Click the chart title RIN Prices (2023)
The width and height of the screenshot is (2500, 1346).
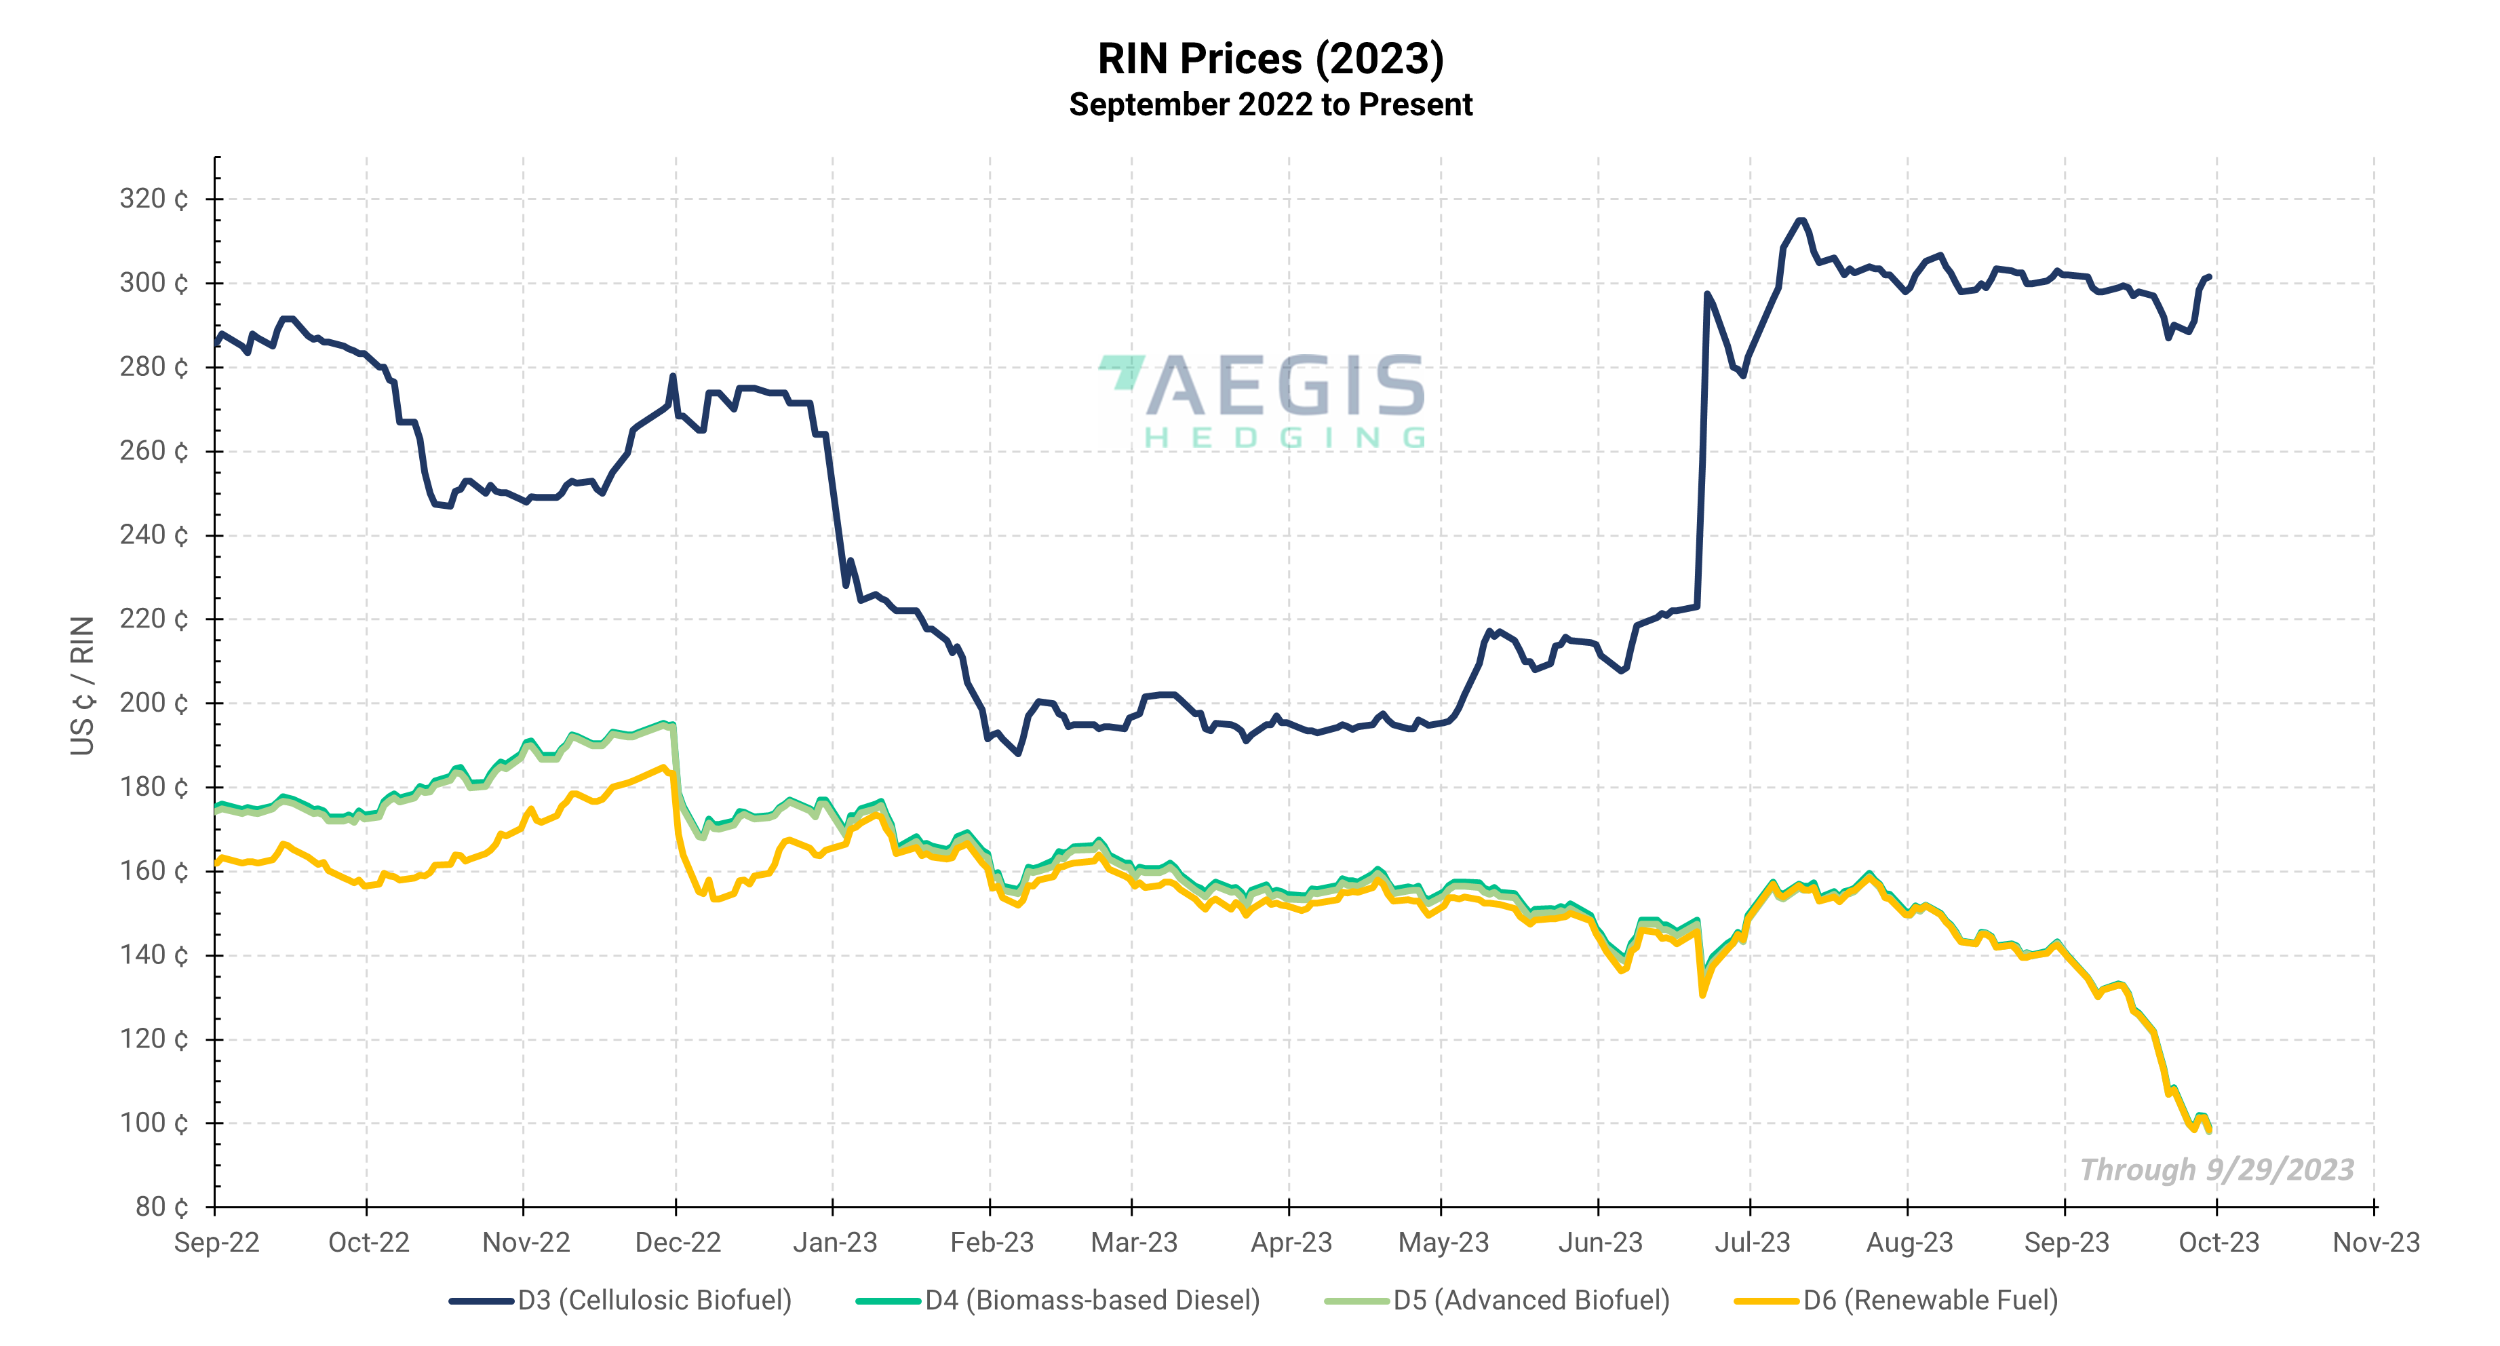click(1270, 59)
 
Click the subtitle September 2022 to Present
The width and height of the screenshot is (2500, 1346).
click(1270, 104)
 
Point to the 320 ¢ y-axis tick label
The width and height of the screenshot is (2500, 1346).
click(153, 199)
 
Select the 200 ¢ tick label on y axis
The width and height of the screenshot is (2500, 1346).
click(153, 703)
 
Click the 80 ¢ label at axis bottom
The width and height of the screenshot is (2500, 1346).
click(161, 1206)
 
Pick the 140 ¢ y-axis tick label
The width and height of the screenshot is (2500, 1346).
click(153, 955)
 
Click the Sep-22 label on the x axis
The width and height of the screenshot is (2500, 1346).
click(216, 1242)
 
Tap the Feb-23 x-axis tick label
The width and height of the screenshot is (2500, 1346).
click(991, 1242)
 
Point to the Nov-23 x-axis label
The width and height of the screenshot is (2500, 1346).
click(2375, 1242)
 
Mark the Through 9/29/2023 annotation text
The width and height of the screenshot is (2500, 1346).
click(2216, 1170)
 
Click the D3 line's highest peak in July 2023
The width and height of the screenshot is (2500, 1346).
click(1800, 220)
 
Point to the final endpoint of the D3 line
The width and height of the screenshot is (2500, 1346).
click(2209, 277)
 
